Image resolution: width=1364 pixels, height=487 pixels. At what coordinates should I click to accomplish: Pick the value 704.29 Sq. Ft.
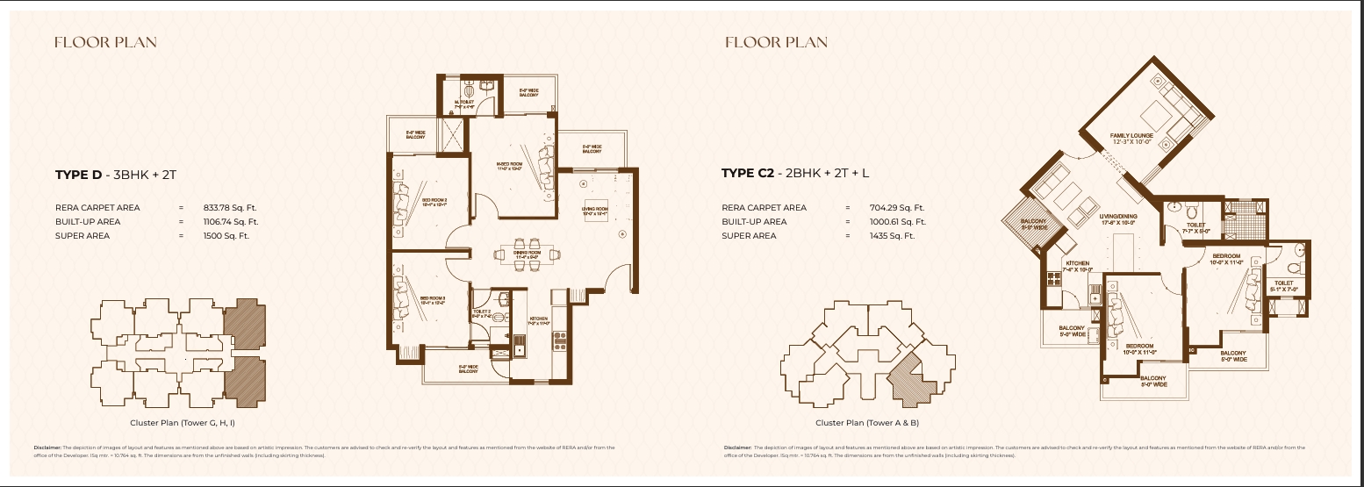896,208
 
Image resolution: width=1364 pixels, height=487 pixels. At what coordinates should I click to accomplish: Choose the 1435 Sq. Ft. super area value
891,236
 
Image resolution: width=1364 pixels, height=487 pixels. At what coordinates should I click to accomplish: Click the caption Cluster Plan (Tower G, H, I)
178,423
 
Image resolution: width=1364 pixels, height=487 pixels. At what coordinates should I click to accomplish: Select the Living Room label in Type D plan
596,211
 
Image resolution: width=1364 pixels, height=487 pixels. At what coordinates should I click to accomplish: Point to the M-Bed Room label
510,166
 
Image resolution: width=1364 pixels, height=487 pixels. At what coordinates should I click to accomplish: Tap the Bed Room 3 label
433,300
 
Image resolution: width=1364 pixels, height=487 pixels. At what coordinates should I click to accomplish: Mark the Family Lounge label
1131,138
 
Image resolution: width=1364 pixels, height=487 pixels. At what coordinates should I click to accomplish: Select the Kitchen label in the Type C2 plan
1077,265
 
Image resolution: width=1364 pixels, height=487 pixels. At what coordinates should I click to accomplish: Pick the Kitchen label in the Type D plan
539,320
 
